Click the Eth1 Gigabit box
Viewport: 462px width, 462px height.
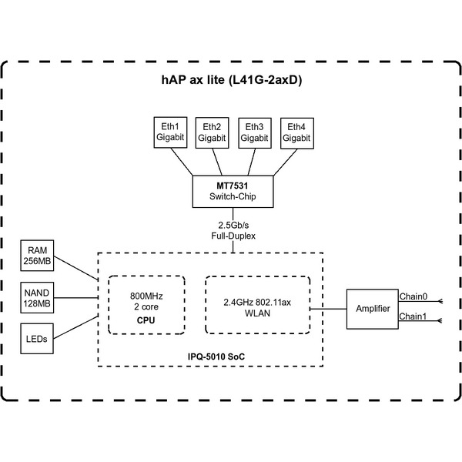[170, 132]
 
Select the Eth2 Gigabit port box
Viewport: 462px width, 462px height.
[212, 132]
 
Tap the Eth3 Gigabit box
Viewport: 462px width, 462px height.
[254, 132]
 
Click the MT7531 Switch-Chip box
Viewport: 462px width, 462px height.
[233, 191]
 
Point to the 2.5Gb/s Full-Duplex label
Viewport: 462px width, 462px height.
[233, 230]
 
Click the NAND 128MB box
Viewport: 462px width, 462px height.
[37, 298]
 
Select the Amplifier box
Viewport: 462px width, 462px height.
[372, 309]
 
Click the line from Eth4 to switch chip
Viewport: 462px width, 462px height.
[277, 162]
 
